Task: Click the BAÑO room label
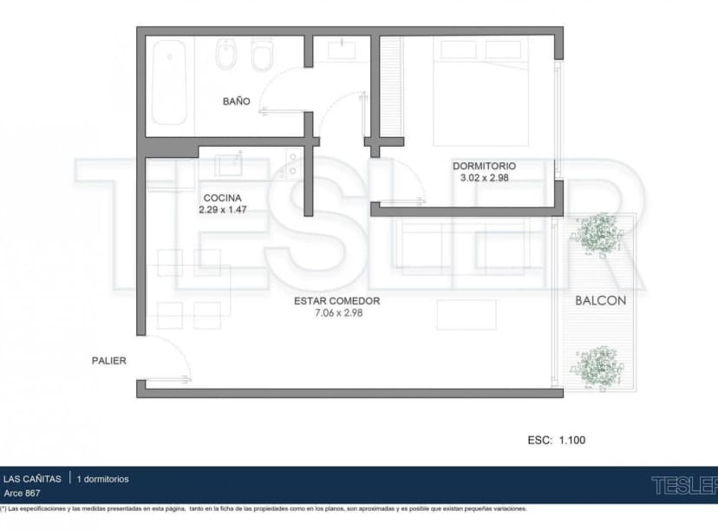click(x=236, y=102)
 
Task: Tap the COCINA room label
click(x=223, y=198)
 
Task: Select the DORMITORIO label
click(x=484, y=166)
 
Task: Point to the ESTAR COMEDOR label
click(x=337, y=301)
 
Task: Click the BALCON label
click(x=601, y=300)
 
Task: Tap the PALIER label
click(x=109, y=361)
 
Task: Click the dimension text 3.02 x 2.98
click(x=485, y=178)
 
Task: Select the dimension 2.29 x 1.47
click(x=223, y=209)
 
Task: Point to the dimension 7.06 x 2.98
click(x=338, y=313)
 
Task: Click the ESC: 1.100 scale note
click(x=557, y=440)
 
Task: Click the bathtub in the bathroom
click(x=169, y=82)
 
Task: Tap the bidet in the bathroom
click(x=226, y=54)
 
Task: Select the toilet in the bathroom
click(x=263, y=55)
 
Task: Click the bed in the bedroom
click(x=480, y=91)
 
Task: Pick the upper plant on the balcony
click(x=597, y=233)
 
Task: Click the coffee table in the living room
click(x=467, y=315)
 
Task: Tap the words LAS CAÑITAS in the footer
click(x=32, y=479)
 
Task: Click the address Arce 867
click(x=22, y=494)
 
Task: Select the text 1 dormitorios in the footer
click(x=102, y=479)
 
